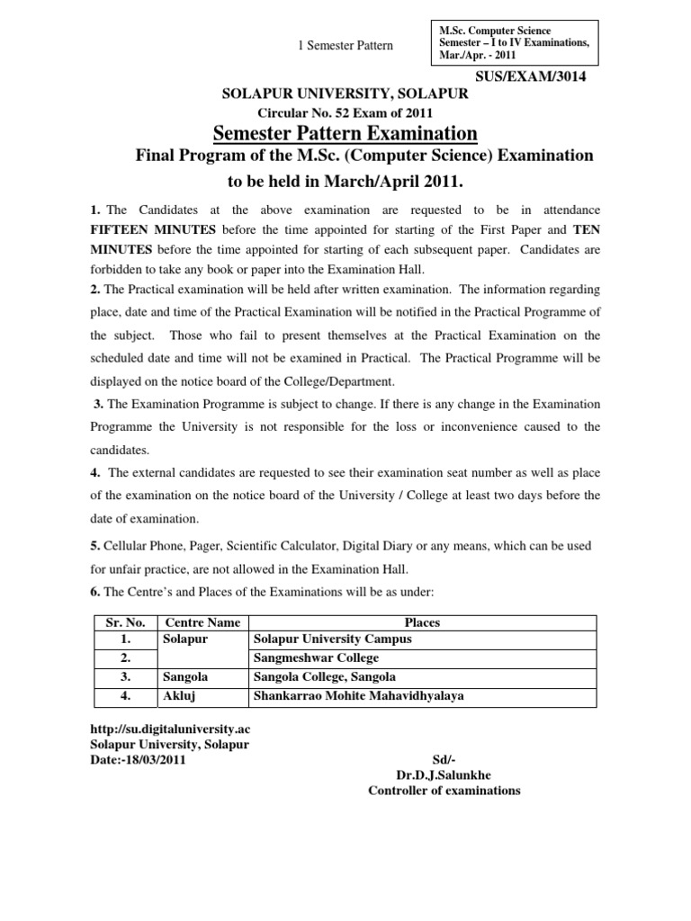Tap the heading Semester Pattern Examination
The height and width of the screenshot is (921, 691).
345,134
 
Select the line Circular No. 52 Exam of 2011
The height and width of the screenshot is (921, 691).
345,113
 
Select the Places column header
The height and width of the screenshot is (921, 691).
422,622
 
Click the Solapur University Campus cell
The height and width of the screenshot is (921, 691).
332,639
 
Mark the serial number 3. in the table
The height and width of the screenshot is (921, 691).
126,677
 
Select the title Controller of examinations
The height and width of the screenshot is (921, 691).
444,791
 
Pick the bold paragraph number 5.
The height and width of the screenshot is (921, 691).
94,546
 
